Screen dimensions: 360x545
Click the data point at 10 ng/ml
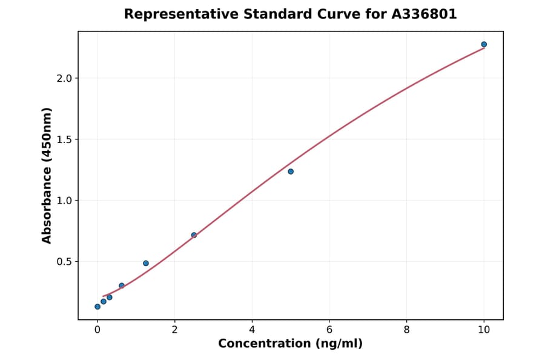(x=484, y=44)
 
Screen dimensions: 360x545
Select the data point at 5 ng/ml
(x=291, y=172)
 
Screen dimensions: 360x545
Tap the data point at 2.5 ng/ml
(x=194, y=235)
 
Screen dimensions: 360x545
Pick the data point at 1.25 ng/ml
(x=146, y=263)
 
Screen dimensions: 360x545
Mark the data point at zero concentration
(x=97, y=307)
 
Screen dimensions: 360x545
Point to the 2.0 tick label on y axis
(x=64, y=78)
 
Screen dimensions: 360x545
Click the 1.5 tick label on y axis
(x=64, y=139)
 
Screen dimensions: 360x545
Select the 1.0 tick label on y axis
(x=64, y=201)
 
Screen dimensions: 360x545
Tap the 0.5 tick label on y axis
(x=64, y=262)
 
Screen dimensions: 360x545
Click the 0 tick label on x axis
(x=97, y=330)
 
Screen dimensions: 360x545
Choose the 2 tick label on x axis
(x=174, y=330)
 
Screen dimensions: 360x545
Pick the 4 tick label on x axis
(x=252, y=330)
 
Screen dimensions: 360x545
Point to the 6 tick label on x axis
(x=329, y=330)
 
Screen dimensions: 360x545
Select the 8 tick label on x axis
(x=406, y=330)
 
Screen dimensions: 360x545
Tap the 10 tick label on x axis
(x=484, y=330)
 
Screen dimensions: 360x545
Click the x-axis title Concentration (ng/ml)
(x=290, y=344)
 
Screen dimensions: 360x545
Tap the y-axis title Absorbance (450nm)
(x=47, y=175)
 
